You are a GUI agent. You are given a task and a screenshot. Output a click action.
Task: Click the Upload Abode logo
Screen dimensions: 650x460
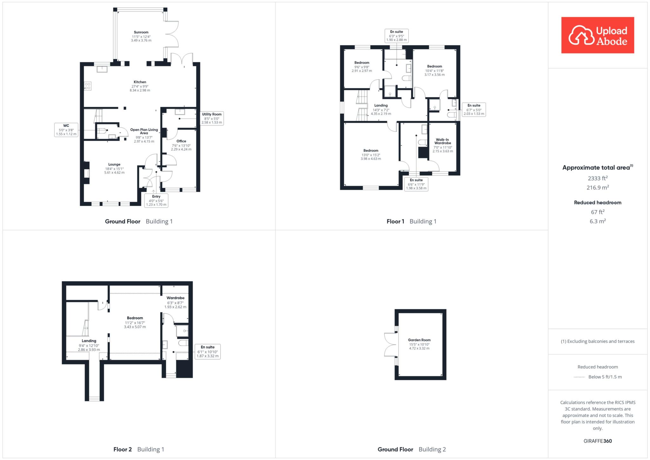pos(598,35)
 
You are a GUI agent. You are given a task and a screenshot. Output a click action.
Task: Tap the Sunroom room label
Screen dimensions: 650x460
pos(141,36)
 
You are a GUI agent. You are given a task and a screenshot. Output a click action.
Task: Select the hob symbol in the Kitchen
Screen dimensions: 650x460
pos(88,86)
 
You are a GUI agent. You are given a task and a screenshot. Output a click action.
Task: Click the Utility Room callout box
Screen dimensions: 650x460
pos(212,118)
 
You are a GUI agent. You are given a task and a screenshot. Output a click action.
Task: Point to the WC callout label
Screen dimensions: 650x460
pos(66,130)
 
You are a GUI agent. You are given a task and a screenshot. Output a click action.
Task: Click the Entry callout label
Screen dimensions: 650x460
pos(156,200)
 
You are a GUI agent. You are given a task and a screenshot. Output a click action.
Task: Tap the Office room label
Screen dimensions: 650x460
pos(181,145)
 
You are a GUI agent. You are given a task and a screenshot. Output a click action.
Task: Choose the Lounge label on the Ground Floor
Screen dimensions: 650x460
pos(114,169)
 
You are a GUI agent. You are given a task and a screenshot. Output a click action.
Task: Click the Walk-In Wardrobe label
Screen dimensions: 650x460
pos(443,145)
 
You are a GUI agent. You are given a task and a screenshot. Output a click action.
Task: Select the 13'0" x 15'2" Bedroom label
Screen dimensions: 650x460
pos(371,155)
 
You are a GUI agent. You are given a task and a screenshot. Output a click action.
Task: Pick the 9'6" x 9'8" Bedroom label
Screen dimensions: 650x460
pos(362,67)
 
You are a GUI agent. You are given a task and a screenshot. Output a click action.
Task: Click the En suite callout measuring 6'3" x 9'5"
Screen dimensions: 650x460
pos(396,36)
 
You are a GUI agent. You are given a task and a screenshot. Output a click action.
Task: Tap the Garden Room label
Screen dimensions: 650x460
pos(419,344)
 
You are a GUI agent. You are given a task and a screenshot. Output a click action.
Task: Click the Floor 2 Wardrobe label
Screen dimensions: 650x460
pos(176,303)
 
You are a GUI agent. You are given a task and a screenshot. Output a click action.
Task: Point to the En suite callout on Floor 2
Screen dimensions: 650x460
pos(208,351)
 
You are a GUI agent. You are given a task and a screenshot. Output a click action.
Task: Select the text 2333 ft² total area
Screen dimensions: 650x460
pos(598,178)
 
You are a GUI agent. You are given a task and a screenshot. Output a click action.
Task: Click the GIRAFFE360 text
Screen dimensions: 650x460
pos(598,441)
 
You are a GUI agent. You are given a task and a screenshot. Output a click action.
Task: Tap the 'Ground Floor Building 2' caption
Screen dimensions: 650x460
pos(412,449)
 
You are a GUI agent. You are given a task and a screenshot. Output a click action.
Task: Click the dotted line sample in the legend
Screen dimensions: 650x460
pos(579,377)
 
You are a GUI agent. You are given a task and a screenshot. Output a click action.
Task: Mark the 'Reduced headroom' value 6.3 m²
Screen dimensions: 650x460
pos(598,221)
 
